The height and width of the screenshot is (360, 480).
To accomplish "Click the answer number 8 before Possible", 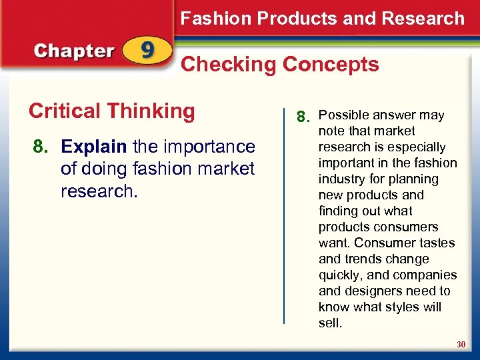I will (303, 118).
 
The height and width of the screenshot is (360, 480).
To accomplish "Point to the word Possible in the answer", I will (348, 115).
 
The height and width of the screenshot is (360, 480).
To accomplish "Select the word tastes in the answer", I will (436, 243).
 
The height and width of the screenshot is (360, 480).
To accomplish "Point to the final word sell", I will (330, 323).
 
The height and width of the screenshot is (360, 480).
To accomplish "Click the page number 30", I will (461, 345).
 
